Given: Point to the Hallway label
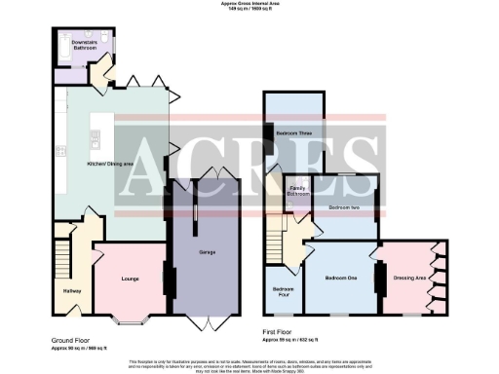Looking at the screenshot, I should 73,291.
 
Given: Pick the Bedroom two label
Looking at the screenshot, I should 345,207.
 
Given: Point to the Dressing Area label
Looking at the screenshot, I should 409,278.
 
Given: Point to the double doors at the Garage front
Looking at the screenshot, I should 207,319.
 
